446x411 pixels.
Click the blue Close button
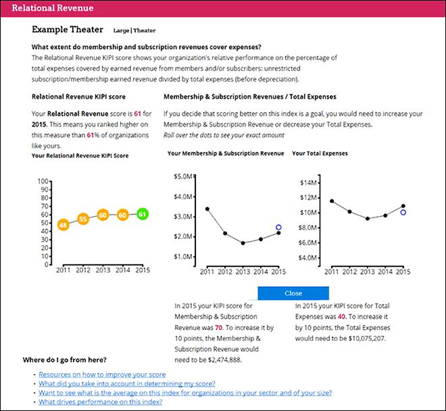coord(293,293)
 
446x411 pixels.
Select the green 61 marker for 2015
coord(141,214)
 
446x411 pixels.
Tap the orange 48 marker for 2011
coord(63,225)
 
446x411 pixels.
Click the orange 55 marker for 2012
coord(83,219)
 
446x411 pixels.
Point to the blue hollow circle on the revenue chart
coord(278,228)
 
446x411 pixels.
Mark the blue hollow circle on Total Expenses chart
coord(403,213)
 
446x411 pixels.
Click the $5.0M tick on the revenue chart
coord(183,177)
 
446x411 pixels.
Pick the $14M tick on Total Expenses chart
coord(309,182)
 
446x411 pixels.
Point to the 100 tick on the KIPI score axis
coord(44,182)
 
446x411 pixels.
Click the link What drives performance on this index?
coord(100,402)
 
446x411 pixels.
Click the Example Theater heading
coord(68,30)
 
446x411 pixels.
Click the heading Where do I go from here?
coord(64,359)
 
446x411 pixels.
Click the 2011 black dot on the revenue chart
coord(207,209)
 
